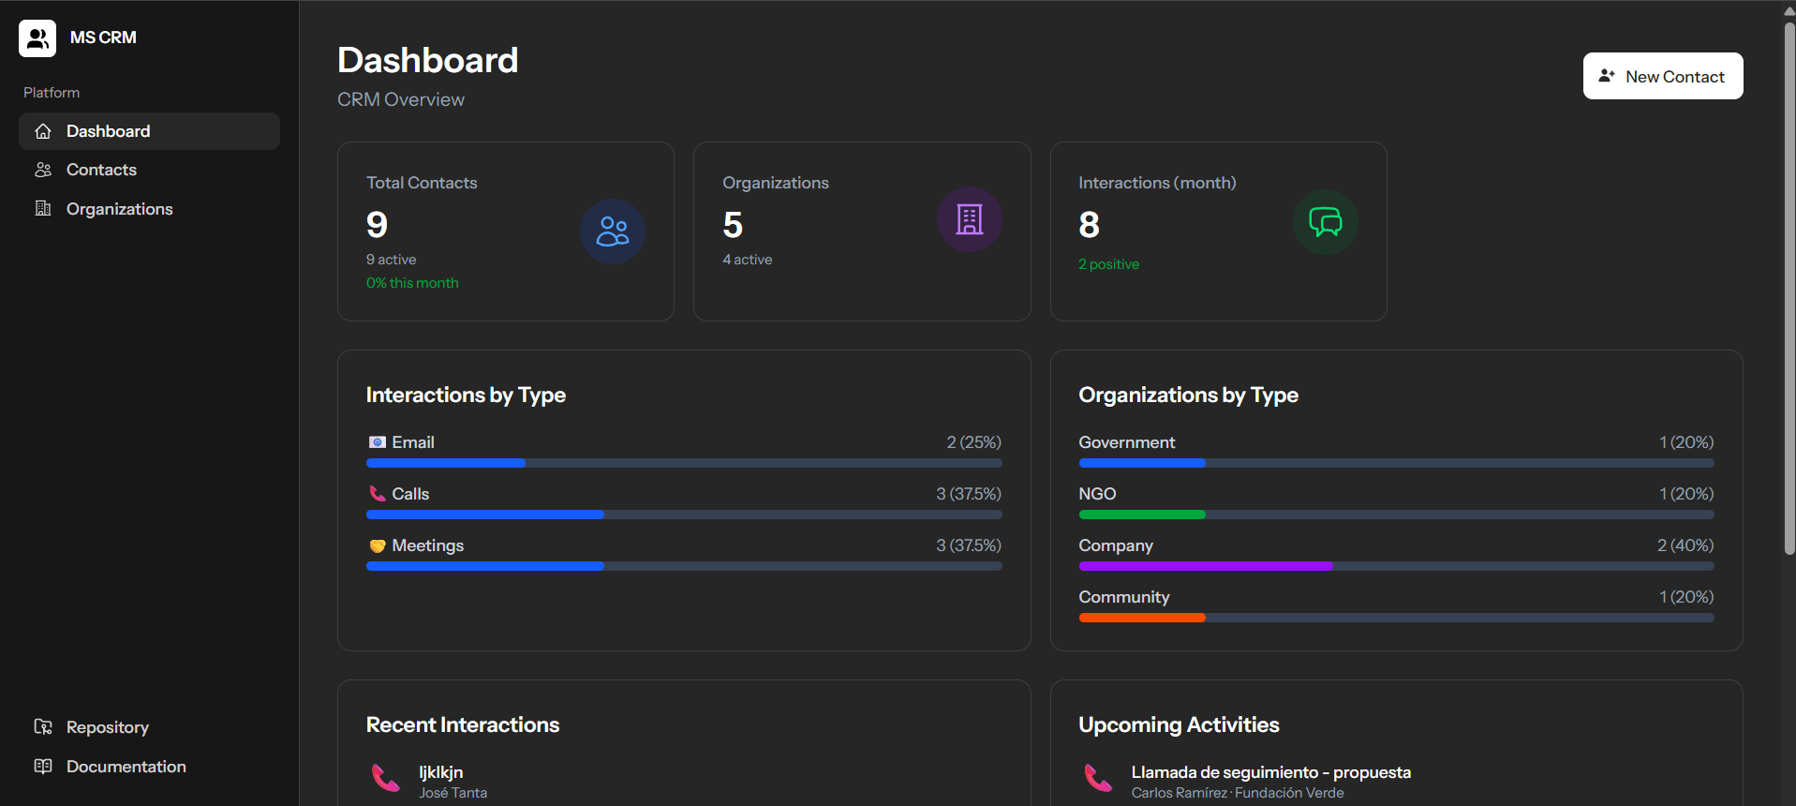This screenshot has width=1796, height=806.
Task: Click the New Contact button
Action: click(x=1662, y=76)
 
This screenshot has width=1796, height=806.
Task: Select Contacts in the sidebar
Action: click(x=101, y=170)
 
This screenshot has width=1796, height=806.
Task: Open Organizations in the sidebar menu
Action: click(x=119, y=209)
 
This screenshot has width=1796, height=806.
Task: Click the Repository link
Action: click(x=107, y=727)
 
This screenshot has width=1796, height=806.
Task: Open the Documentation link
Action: click(x=126, y=767)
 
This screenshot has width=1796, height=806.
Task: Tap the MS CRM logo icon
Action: click(x=37, y=38)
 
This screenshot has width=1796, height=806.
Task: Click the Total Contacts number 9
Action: click(x=377, y=225)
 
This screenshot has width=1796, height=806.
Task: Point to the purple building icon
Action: click(x=969, y=219)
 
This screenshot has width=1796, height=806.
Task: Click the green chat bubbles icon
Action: click(x=1325, y=222)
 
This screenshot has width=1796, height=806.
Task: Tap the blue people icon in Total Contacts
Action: click(x=613, y=231)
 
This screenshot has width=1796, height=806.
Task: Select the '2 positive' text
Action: click(x=1108, y=264)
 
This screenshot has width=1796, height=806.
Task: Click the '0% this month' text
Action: click(x=412, y=283)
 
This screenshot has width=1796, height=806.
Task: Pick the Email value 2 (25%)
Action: click(x=973, y=442)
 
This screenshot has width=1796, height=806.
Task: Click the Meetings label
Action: click(x=427, y=545)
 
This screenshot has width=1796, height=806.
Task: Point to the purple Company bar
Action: click(x=1205, y=566)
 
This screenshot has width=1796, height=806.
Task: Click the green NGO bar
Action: click(x=1141, y=515)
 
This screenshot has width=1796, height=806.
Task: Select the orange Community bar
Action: click(x=1141, y=618)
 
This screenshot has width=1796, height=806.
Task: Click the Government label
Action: click(x=1126, y=442)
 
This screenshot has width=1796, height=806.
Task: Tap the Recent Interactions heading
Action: click(x=463, y=724)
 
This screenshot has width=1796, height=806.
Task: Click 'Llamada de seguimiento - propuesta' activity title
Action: click(x=1270, y=772)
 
